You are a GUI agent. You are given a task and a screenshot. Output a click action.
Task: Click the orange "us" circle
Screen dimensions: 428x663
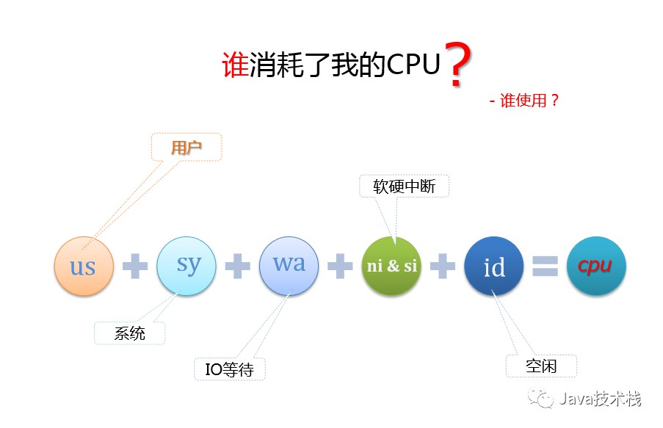[x=84, y=265]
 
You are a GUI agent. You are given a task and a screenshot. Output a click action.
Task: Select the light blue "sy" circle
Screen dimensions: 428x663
[x=186, y=265]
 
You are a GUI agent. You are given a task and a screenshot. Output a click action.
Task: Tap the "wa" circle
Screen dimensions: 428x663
[x=289, y=265]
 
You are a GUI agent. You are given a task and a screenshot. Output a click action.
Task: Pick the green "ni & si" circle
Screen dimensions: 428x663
[x=391, y=266]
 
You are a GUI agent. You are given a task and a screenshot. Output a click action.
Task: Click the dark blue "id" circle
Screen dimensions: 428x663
[x=494, y=266]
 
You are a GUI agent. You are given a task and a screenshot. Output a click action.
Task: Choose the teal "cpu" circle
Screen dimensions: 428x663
[x=596, y=266]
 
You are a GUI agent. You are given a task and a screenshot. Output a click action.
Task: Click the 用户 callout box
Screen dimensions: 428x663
[x=186, y=148]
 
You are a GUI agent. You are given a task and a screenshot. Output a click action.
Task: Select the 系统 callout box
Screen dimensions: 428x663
[x=130, y=333]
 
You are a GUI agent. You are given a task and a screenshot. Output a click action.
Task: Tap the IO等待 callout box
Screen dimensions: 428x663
[x=230, y=369]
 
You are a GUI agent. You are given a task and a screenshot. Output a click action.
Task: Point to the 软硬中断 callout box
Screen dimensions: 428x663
[x=404, y=186]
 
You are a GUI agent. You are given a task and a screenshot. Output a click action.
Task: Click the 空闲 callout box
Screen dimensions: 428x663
[x=541, y=366]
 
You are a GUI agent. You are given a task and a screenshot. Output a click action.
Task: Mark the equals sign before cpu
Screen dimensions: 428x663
[x=546, y=266]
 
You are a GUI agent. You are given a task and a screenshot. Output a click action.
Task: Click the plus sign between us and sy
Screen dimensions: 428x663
[x=135, y=266]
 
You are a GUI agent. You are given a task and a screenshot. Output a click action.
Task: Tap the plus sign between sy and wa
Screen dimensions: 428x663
[x=237, y=266]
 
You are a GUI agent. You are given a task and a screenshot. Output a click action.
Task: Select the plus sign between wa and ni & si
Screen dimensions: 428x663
[x=340, y=266]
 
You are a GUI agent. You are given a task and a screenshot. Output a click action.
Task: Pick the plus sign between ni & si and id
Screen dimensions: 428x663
[x=443, y=266]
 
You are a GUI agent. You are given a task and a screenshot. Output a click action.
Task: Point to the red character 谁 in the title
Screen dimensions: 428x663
[x=235, y=65]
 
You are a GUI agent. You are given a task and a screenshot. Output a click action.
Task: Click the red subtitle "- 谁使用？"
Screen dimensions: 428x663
[x=524, y=101]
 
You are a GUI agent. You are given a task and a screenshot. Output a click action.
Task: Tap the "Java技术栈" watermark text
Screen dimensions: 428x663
[x=599, y=399]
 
